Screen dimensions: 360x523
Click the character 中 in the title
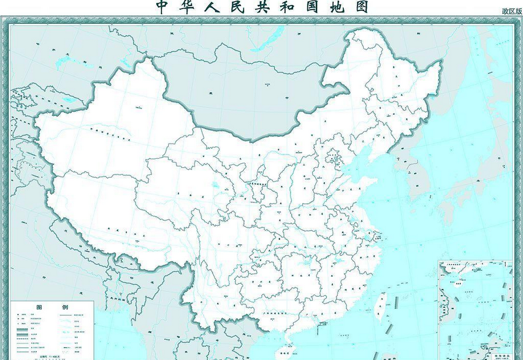pos(162,7)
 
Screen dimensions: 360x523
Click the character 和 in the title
pos(305,7)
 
